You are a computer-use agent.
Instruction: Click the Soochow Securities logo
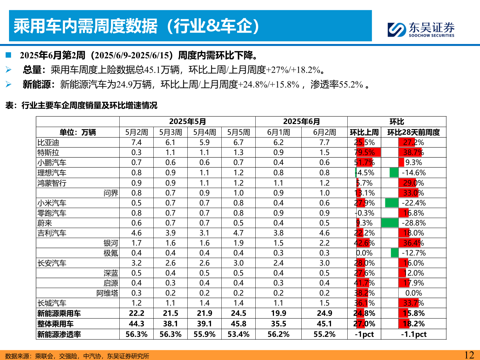point(421,29)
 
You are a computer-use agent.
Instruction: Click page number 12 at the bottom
point(469,355)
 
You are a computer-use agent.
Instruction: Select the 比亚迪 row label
point(48,143)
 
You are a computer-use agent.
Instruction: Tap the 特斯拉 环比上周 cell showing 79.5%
point(364,153)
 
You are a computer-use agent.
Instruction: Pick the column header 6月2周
point(324,132)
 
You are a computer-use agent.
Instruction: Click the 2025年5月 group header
point(187,122)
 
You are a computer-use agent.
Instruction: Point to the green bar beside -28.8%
point(390,223)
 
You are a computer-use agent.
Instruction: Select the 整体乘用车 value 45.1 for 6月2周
point(324,324)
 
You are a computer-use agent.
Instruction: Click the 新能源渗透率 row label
point(59,334)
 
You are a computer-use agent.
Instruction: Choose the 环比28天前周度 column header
point(413,132)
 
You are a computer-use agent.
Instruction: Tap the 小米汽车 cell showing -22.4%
point(414,203)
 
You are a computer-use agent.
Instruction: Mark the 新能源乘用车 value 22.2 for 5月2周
point(136,313)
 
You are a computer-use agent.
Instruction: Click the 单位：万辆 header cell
point(78,132)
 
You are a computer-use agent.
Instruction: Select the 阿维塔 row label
point(107,293)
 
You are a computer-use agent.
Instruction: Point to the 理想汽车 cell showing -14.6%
point(414,173)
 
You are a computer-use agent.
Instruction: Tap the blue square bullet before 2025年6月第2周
point(8,55)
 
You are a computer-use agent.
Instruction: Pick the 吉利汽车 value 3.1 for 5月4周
point(204,233)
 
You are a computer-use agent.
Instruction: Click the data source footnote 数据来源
point(77,356)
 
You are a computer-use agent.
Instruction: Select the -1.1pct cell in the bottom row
point(414,334)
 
